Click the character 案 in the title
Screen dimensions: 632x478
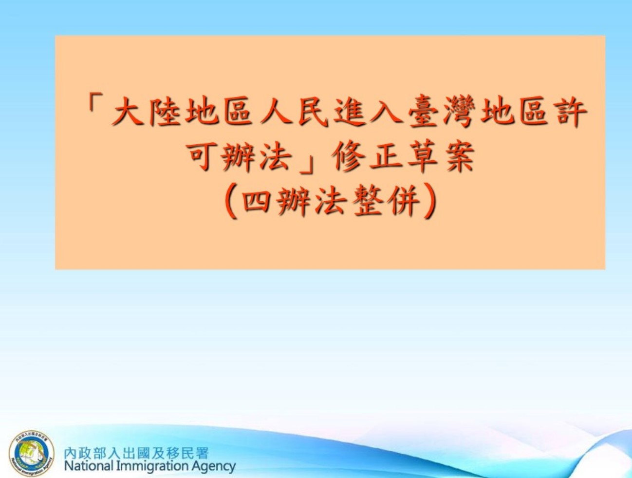[x=458, y=158]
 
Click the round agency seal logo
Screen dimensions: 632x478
[x=31, y=454]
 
